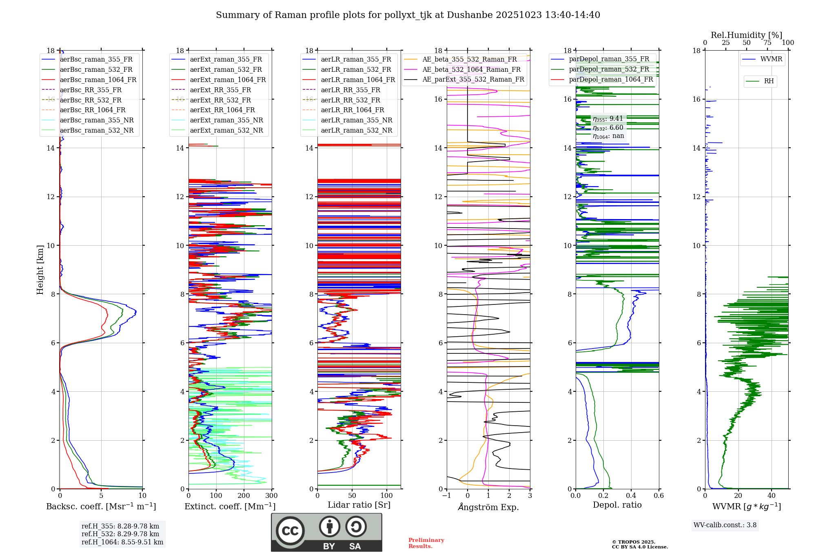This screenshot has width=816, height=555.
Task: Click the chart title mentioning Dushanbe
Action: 408,15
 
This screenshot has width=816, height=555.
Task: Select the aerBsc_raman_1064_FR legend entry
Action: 98,80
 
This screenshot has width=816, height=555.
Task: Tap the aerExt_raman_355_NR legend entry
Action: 226,120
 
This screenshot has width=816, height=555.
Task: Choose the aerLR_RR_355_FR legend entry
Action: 350,90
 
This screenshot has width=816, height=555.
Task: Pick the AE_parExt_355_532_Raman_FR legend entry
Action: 473,80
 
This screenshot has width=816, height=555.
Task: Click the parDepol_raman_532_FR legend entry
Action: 609,69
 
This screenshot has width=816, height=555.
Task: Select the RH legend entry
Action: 769,81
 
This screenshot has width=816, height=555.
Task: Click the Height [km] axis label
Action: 40,269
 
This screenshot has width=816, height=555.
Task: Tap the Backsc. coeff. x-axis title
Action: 101,506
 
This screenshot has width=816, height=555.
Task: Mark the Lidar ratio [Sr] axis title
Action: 359,505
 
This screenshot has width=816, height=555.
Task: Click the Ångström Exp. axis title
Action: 488,507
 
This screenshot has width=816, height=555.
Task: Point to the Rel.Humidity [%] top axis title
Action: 746,35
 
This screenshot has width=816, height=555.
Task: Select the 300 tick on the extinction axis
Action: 272,496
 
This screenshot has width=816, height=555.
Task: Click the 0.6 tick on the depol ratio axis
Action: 659,496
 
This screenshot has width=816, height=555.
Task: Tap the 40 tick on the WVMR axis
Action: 772,496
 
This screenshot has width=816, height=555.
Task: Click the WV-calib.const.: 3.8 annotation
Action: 725,525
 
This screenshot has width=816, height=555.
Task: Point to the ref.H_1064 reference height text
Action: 122,542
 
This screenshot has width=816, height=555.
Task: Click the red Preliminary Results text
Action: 426,543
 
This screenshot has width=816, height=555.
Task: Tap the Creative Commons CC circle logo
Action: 290,531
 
